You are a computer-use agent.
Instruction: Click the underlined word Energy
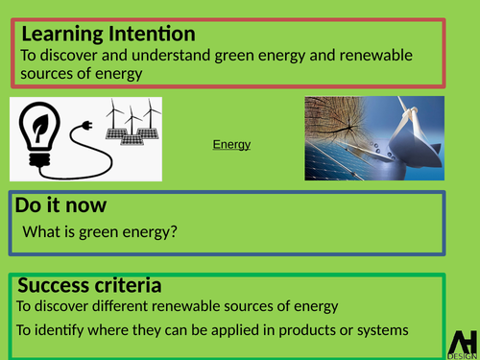[231, 145]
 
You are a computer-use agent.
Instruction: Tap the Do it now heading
[60, 205]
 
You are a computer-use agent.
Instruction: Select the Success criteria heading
[89, 286]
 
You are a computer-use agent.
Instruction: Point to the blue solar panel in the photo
[336, 166]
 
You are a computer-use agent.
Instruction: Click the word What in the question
[40, 233]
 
